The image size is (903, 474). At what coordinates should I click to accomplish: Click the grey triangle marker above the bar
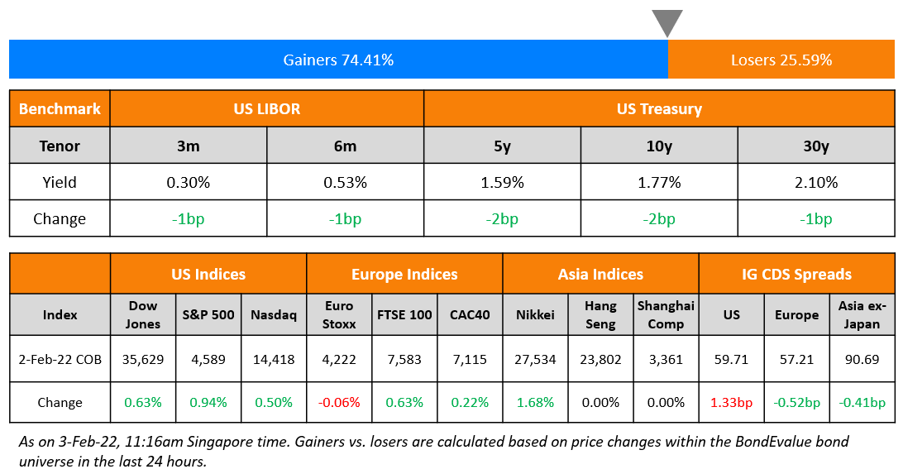point(667,22)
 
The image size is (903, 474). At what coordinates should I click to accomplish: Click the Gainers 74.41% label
point(338,60)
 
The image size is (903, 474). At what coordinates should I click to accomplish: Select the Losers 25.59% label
point(781,60)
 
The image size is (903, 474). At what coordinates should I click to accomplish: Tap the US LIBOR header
point(266,108)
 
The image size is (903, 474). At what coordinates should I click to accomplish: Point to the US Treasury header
point(659,108)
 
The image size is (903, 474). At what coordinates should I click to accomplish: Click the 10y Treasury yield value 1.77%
point(659,182)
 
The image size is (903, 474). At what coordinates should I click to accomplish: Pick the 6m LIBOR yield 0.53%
point(345,182)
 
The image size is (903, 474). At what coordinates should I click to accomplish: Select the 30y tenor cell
point(815,146)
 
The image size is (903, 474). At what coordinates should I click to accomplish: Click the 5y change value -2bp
point(502,219)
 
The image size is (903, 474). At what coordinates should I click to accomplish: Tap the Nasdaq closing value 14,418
point(273,360)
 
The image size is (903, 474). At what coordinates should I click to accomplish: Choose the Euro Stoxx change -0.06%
point(339,403)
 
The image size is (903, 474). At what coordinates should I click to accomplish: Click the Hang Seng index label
point(600,314)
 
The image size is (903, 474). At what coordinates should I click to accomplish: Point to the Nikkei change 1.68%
point(535,403)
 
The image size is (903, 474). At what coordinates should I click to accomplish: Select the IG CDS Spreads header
point(796,274)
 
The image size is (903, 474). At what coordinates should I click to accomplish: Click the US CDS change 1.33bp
point(732,403)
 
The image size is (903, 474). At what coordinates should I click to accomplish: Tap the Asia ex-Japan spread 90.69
point(862,360)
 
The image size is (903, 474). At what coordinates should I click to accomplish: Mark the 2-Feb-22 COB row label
point(60,360)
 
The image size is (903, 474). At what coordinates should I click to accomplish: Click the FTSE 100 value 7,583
point(404,360)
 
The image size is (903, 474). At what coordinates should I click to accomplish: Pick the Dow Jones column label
point(143,314)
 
